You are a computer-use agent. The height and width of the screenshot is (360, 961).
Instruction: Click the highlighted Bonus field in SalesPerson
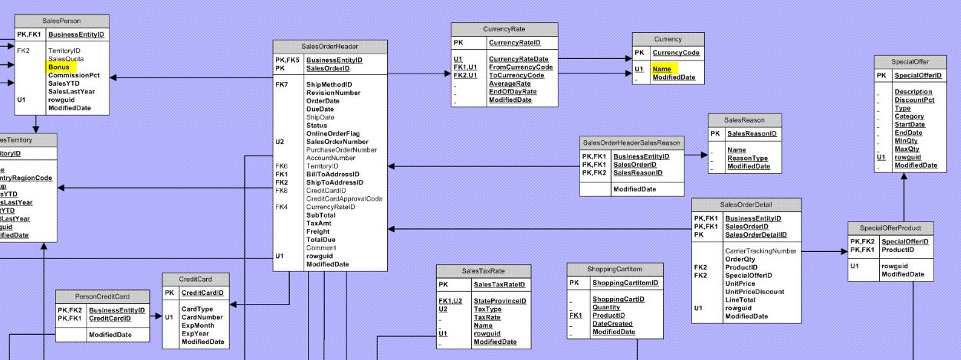58,67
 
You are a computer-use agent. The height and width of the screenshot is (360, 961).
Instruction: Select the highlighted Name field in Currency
661,69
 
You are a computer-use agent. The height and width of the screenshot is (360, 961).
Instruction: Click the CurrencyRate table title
503,29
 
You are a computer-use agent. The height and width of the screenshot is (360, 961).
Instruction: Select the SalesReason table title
744,120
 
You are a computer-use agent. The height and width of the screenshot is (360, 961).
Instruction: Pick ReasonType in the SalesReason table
747,159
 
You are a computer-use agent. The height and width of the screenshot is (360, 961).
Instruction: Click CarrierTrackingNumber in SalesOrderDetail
760,250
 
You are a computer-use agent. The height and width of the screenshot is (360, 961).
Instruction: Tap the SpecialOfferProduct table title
890,228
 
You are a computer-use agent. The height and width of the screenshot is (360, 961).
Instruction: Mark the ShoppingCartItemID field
625,283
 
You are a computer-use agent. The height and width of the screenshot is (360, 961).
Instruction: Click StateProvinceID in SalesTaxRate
500,301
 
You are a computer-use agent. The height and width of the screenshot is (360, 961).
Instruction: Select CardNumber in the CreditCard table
202,316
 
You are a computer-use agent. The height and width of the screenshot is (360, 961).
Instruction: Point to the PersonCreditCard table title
102,296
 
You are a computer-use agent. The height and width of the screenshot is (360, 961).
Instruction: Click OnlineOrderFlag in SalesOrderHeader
333,133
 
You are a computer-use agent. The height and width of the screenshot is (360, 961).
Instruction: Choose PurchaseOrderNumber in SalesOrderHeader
341,149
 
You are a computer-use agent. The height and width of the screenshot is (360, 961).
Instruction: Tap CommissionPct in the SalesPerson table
74,75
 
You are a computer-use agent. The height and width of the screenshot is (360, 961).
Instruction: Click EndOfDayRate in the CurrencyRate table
513,92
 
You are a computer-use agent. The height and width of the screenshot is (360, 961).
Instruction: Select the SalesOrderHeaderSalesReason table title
631,142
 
